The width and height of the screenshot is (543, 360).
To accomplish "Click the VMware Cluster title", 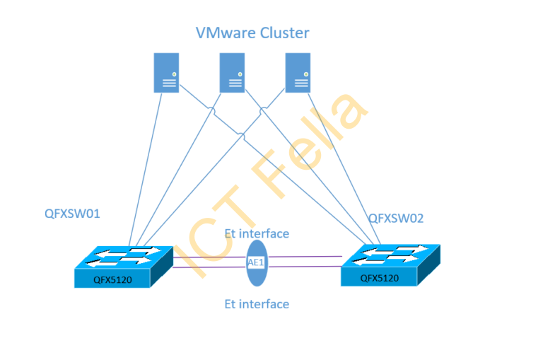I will click(x=252, y=33).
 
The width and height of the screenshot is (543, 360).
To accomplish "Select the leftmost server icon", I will click(x=167, y=72).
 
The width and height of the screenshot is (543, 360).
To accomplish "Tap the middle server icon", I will click(x=232, y=72).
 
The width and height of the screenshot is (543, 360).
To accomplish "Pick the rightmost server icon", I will click(x=297, y=72).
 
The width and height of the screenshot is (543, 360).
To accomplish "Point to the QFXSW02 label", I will click(x=395, y=219).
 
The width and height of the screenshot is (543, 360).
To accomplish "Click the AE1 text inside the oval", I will click(x=257, y=262).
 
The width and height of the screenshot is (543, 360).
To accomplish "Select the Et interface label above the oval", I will click(x=257, y=233).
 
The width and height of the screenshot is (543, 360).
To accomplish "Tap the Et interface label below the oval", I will click(x=257, y=304).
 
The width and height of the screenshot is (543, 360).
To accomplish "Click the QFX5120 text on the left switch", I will click(x=112, y=280).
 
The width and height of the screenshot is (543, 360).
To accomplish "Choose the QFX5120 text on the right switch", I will click(x=379, y=278).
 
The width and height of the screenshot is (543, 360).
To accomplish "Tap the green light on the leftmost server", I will click(x=174, y=74).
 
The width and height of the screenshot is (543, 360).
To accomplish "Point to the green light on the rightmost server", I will click(x=304, y=74).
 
